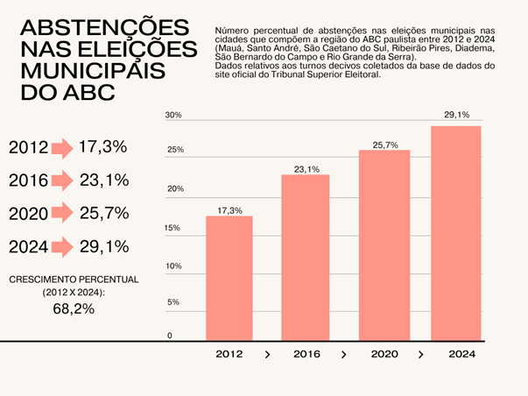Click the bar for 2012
pyautogui.click(x=229, y=278)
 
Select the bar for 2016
pyautogui.click(x=305, y=257)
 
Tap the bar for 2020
pyautogui.click(x=384, y=244)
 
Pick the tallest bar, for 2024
pyautogui.click(x=456, y=232)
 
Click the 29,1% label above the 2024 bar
pyautogui.click(x=456, y=115)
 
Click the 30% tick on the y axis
pyautogui.click(x=173, y=116)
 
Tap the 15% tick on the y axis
pyautogui.click(x=172, y=228)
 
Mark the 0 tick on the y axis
pyautogui.click(x=170, y=336)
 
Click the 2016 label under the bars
pyautogui.click(x=306, y=355)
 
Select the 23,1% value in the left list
pyautogui.click(x=103, y=180)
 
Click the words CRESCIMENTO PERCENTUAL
pyautogui.click(x=74, y=279)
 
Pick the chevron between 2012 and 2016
pyautogui.click(x=267, y=355)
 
